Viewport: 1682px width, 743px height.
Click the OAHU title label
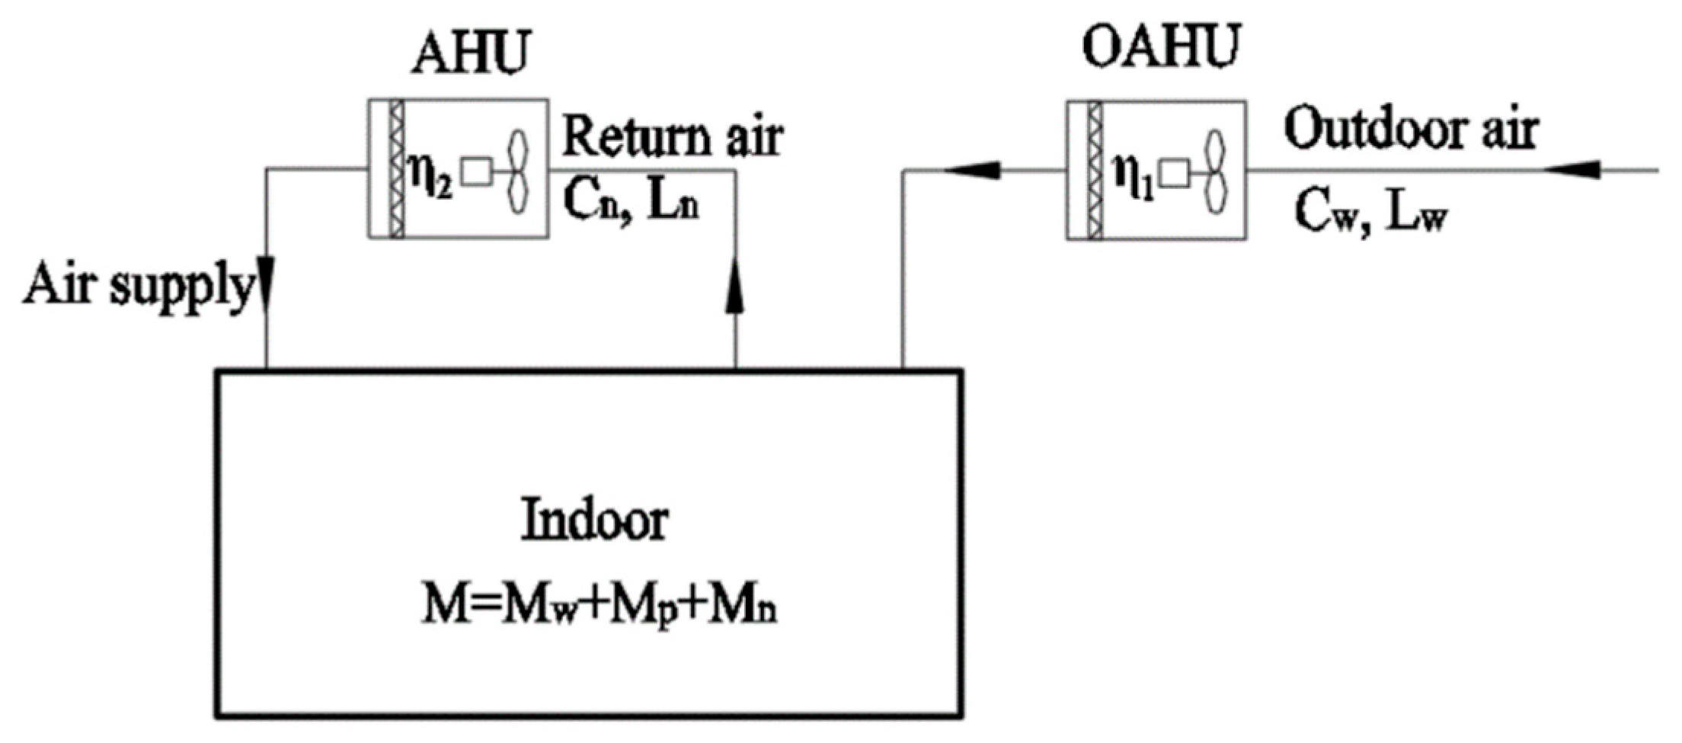click(1161, 47)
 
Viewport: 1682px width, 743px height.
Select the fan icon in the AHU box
click(518, 171)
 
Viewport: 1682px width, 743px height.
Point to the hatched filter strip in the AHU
click(396, 169)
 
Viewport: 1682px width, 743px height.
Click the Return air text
click(672, 137)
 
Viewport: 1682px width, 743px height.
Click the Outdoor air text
click(1411, 130)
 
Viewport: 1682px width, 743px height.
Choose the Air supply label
click(137, 287)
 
